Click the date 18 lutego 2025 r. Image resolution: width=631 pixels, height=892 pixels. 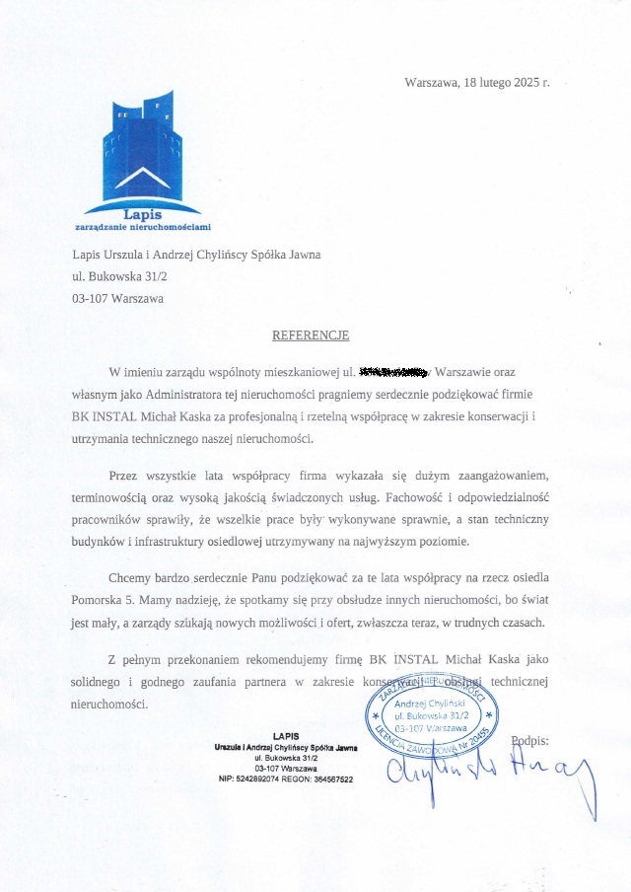coord(506,83)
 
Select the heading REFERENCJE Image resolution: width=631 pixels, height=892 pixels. coord(311,335)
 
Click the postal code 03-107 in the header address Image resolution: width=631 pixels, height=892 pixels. coord(90,297)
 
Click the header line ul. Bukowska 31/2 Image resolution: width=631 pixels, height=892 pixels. coord(112,275)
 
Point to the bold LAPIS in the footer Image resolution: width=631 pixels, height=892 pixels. coord(285,736)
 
